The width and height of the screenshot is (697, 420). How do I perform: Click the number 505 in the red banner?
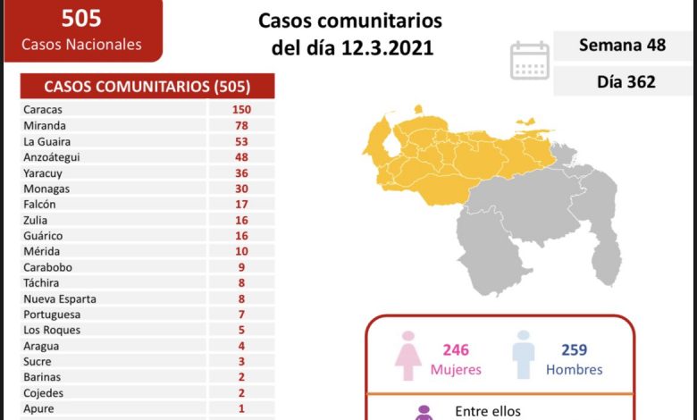(80, 17)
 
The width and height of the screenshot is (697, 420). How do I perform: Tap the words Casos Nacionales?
(81, 45)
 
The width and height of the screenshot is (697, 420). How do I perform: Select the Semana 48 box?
(622, 46)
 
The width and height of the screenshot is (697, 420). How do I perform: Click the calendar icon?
(529, 60)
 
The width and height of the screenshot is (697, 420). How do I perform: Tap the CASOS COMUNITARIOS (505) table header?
(147, 87)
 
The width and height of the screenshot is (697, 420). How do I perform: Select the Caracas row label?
(44, 110)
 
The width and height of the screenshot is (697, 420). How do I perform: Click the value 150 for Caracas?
(239, 110)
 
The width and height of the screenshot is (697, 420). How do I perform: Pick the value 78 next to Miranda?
(239, 126)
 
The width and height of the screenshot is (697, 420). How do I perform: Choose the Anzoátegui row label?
(53, 157)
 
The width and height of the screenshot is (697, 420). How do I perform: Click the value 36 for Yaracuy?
(239, 173)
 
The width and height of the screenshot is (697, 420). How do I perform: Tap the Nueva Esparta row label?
(60, 298)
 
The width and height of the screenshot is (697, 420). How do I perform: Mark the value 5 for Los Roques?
(239, 330)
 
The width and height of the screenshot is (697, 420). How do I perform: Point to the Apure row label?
(40, 408)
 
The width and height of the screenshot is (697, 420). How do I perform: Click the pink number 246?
(455, 350)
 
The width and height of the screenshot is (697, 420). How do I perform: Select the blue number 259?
(574, 350)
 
